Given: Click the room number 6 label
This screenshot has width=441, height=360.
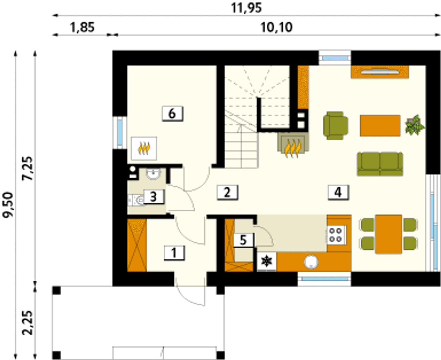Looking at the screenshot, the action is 173,114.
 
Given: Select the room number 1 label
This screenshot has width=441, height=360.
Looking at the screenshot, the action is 174,253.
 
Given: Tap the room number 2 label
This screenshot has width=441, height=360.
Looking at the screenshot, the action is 227,192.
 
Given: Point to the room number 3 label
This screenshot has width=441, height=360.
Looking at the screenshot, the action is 153,197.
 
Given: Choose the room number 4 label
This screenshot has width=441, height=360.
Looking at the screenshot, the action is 338,192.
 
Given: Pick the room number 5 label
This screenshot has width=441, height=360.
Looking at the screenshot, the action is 243,240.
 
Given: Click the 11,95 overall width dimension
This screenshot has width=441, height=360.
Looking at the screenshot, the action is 246,8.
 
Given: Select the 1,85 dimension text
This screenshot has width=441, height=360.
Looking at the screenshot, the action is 83,28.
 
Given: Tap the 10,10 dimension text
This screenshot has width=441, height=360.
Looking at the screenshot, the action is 276,28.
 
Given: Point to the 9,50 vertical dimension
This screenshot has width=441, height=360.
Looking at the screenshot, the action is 8,205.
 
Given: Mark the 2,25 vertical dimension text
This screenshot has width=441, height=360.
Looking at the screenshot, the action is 28,323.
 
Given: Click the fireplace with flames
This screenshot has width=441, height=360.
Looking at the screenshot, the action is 293,144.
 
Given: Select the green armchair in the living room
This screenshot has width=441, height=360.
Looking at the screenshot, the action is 336,126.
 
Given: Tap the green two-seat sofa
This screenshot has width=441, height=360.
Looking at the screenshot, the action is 380,164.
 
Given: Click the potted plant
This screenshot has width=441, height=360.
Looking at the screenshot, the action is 415,125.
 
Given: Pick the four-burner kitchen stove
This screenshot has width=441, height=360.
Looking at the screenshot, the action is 336,235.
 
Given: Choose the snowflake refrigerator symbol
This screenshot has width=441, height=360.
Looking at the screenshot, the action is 267,261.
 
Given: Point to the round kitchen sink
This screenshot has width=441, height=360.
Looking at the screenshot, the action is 311,262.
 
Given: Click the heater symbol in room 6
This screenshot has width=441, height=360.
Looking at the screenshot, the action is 144,148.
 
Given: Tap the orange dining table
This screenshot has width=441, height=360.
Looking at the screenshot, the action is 389,234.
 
